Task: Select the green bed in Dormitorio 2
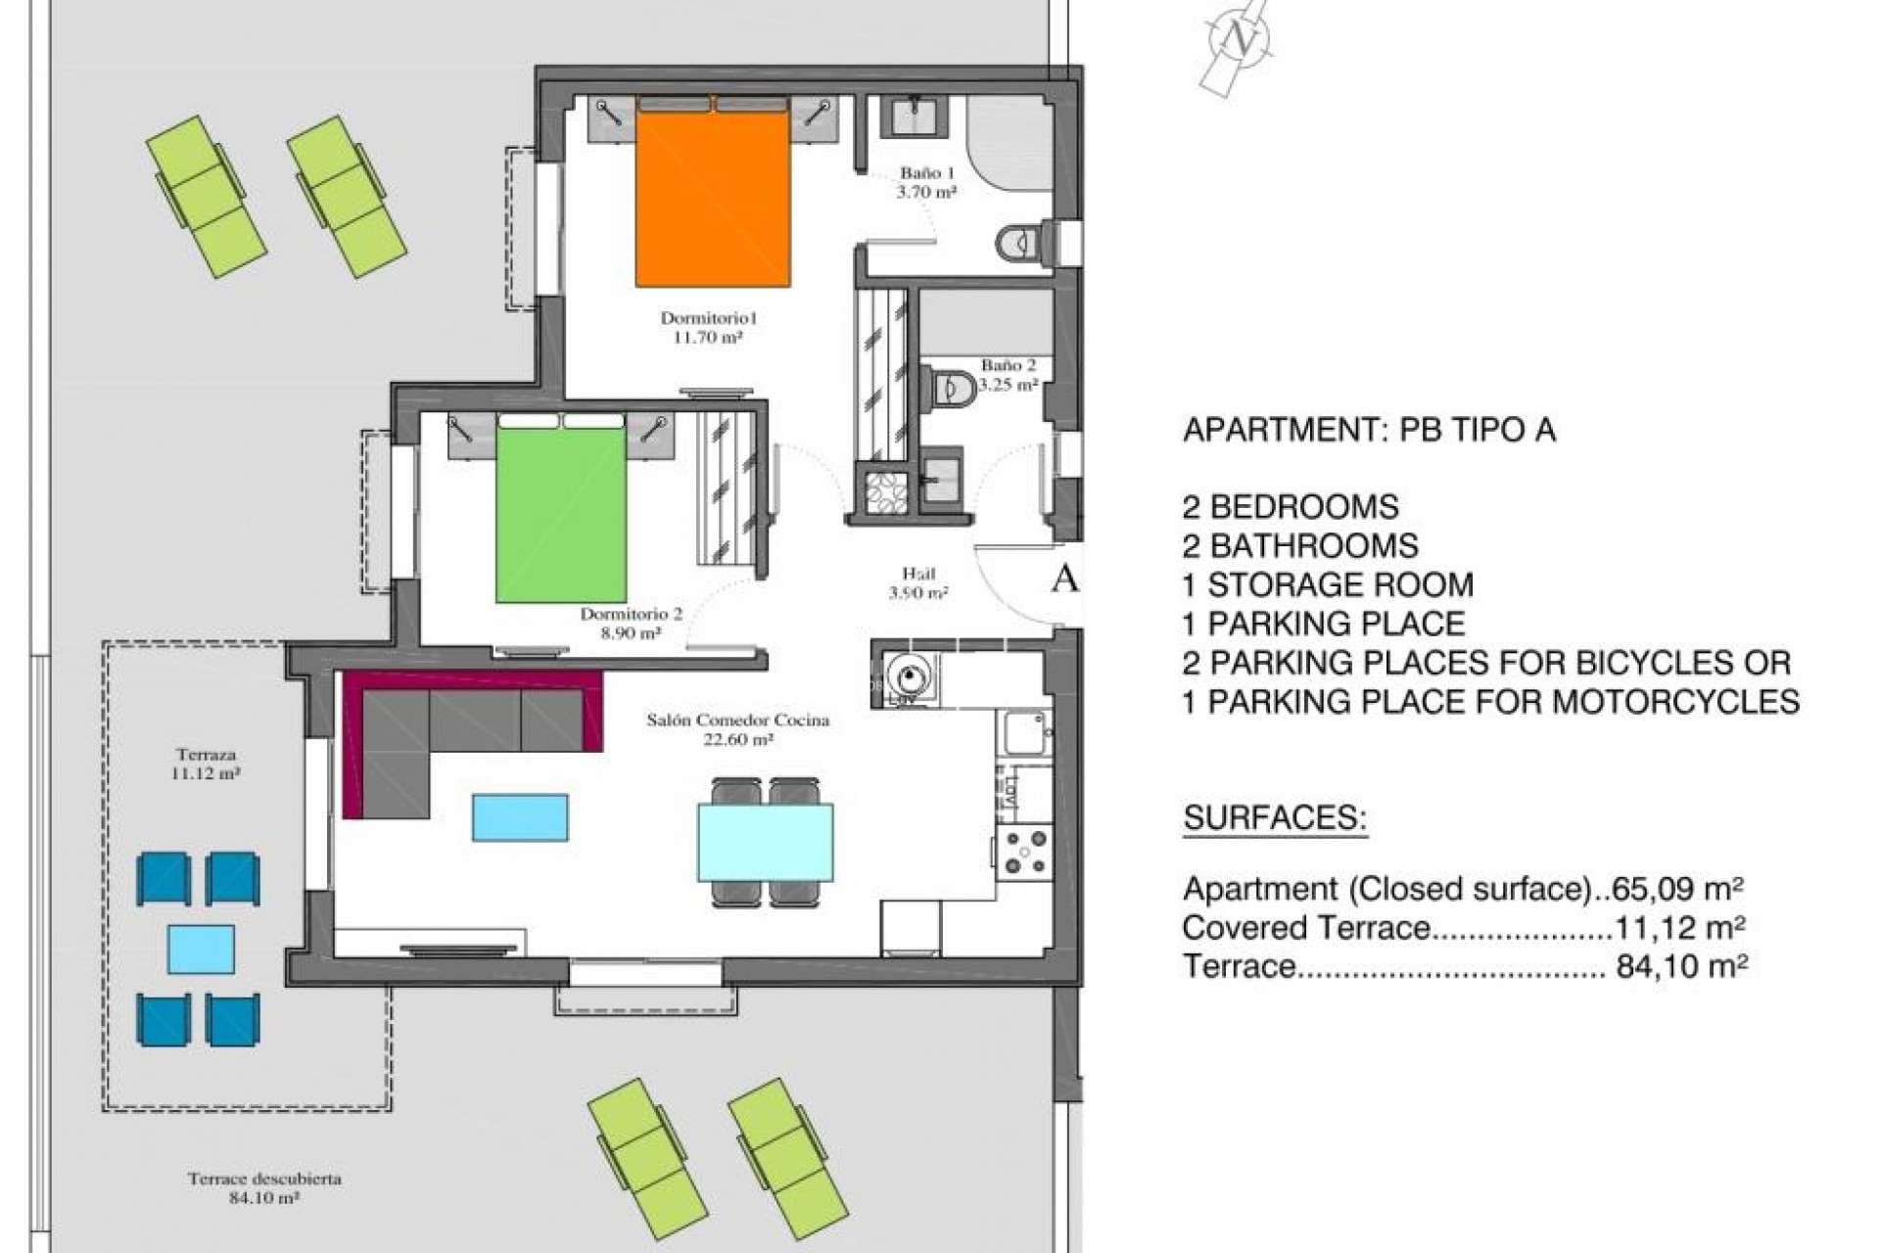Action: pos(560,508)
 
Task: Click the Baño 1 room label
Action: pos(925,183)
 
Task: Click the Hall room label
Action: pos(918,583)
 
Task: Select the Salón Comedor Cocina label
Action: pos(738,729)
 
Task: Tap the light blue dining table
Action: pos(766,842)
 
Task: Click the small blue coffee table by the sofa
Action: pos(520,817)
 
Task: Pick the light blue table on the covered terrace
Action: pos(201,949)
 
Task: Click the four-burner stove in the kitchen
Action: pos(1024,850)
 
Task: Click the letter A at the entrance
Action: pos(1064,580)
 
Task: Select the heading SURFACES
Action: pos(1275,817)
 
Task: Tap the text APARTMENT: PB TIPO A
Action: pos(1369,430)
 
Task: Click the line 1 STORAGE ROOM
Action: pos(1328,584)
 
